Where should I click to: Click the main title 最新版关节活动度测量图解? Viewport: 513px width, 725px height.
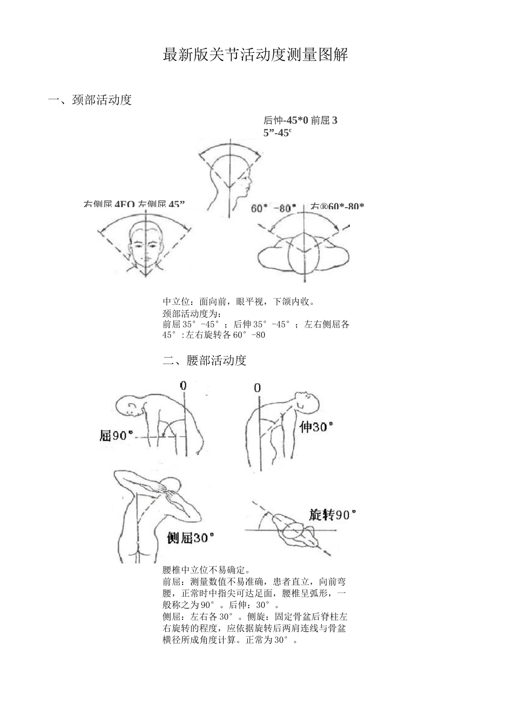click(x=255, y=55)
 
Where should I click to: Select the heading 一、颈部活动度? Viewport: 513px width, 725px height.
click(x=90, y=100)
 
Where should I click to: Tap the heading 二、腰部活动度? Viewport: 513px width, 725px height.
click(x=205, y=360)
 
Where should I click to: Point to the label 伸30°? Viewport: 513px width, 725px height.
click(x=316, y=427)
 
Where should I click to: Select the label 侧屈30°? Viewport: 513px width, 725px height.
click(x=190, y=537)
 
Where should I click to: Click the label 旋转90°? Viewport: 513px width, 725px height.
click(x=333, y=515)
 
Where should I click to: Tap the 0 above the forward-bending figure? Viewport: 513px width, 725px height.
click(x=184, y=386)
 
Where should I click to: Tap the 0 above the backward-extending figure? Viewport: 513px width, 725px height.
click(x=257, y=388)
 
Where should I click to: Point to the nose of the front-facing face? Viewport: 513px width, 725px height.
click(x=146, y=246)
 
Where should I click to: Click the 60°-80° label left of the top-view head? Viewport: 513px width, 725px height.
click(x=273, y=208)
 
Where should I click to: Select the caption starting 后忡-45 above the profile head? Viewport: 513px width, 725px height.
click(x=300, y=126)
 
